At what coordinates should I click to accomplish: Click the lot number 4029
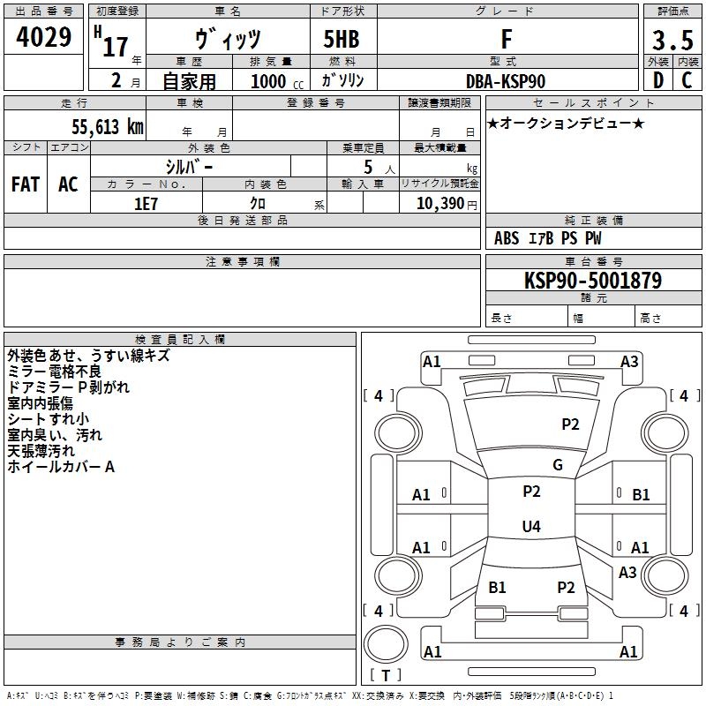(43, 37)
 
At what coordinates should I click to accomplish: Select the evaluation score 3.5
(672, 40)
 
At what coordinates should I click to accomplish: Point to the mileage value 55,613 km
(108, 126)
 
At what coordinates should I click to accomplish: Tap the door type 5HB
(342, 39)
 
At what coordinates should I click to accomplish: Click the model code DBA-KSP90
(506, 81)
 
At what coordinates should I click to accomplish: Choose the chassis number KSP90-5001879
(593, 281)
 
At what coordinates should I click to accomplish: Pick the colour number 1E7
(146, 204)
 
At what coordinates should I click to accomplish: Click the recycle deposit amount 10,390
(440, 203)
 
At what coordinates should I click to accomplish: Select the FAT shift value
(26, 184)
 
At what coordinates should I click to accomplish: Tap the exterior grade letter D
(657, 80)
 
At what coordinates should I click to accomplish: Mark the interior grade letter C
(687, 80)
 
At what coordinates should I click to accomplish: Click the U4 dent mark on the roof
(531, 526)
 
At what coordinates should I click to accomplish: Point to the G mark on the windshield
(558, 465)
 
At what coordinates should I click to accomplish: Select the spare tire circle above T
(386, 644)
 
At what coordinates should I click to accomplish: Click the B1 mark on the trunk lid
(497, 588)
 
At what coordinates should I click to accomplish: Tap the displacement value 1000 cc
(277, 81)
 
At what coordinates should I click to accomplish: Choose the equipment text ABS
(507, 238)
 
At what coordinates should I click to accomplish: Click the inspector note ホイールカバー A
(61, 467)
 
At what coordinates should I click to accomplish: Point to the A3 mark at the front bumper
(629, 362)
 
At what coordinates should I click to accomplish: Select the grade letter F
(507, 39)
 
